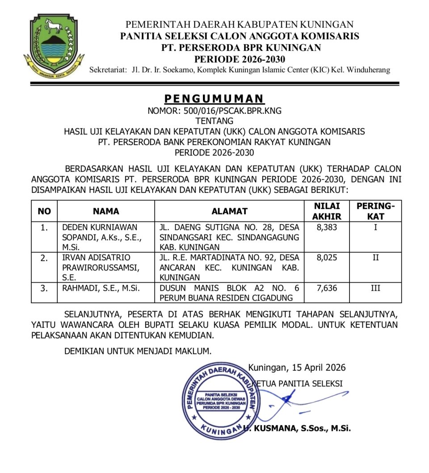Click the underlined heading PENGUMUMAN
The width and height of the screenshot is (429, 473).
point(214,98)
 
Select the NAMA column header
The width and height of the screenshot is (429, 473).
point(106,211)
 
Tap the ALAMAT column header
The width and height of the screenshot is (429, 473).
point(229,211)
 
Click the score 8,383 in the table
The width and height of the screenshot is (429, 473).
point(327,227)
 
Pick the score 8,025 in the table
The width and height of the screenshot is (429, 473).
point(327,258)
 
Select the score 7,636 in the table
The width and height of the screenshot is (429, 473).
point(327,288)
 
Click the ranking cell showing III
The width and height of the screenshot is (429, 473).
point(375,288)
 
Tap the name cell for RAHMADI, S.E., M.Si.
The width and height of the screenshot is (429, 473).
point(101,288)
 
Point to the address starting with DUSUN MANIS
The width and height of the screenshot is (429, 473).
point(229,293)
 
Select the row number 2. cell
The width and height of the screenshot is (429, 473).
point(44,258)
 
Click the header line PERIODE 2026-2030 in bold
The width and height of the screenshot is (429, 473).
point(240,59)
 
